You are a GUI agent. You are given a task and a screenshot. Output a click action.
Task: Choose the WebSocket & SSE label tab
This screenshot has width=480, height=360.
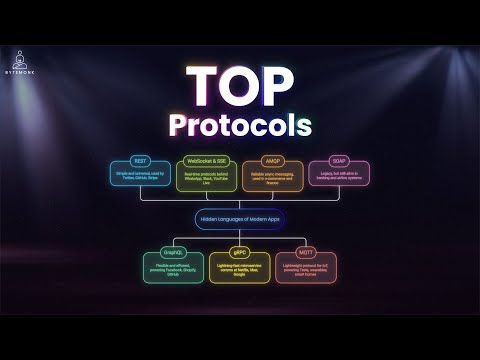(208, 160)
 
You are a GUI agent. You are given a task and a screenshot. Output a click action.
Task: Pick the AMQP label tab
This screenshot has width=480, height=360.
(272, 160)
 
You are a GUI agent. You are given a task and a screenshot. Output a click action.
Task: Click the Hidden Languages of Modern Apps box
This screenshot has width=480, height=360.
(240, 217)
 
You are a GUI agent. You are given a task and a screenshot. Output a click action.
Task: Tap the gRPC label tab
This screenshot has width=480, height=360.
(239, 254)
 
